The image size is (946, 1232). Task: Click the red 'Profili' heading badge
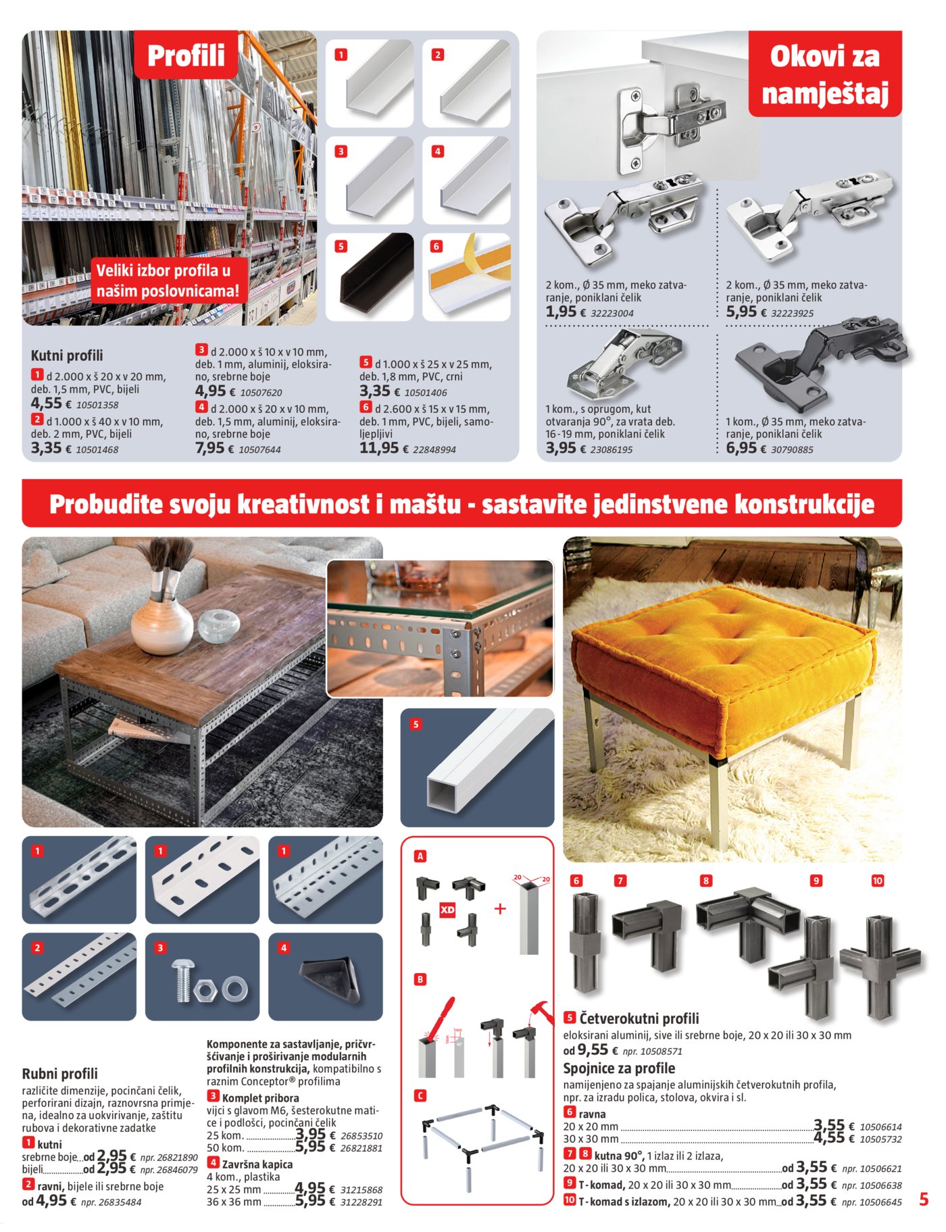[186, 55]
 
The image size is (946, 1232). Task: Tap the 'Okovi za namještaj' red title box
[824, 74]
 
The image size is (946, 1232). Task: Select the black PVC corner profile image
[370, 277]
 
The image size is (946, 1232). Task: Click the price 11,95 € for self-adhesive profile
[379, 448]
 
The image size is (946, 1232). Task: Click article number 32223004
[612, 314]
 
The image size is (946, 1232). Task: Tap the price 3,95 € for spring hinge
[561, 448]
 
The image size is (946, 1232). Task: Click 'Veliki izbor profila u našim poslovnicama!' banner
[168, 281]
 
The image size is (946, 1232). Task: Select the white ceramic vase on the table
[161, 625]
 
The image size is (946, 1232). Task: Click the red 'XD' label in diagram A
[447, 910]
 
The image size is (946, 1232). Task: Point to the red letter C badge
[420, 1095]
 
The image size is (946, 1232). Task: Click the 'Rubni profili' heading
[60, 1074]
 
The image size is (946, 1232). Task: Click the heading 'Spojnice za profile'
[619, 1068]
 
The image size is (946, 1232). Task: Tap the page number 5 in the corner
[924, 1200]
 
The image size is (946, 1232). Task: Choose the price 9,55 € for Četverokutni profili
[593, 1050]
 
